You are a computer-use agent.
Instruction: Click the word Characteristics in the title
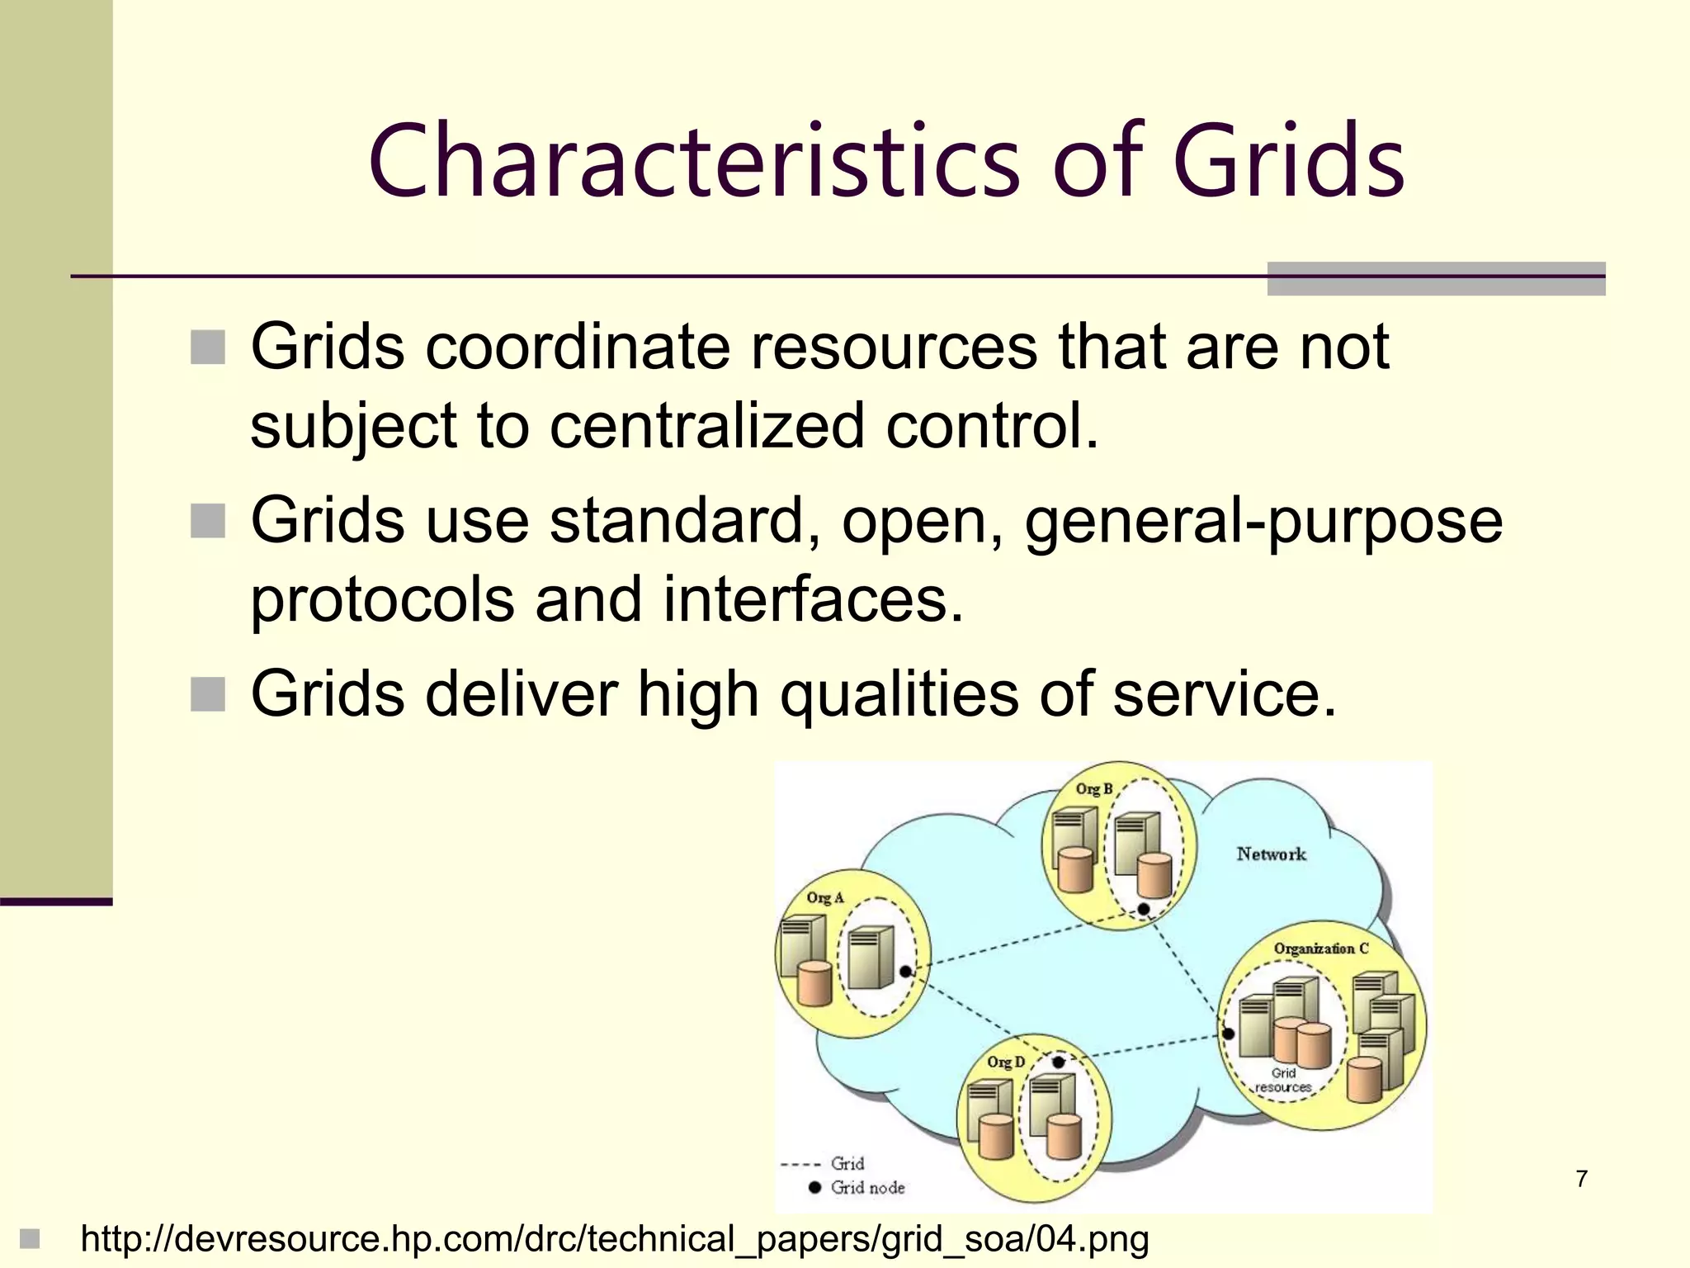695,161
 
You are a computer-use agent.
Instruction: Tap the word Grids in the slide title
1288,161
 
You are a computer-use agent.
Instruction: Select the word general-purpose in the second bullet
1263,522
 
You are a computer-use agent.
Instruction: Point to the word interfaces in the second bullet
813,599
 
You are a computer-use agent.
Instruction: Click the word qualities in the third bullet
899,694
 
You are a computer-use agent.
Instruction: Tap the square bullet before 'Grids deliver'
207,694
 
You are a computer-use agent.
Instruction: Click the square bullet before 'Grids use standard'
207,521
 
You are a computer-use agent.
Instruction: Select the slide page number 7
1581,1179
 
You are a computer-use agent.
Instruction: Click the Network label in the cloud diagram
1271,854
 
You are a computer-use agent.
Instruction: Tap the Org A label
825,897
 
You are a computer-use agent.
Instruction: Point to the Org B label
1094,788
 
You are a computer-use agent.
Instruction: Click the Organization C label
1320,949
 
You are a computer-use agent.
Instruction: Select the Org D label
1006,1062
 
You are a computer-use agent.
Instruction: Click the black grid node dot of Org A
905,972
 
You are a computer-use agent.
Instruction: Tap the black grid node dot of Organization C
1228,1034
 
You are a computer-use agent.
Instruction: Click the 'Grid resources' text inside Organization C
1283,1081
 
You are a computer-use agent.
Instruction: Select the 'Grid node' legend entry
866,1188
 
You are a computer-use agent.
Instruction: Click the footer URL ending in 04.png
614,1239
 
